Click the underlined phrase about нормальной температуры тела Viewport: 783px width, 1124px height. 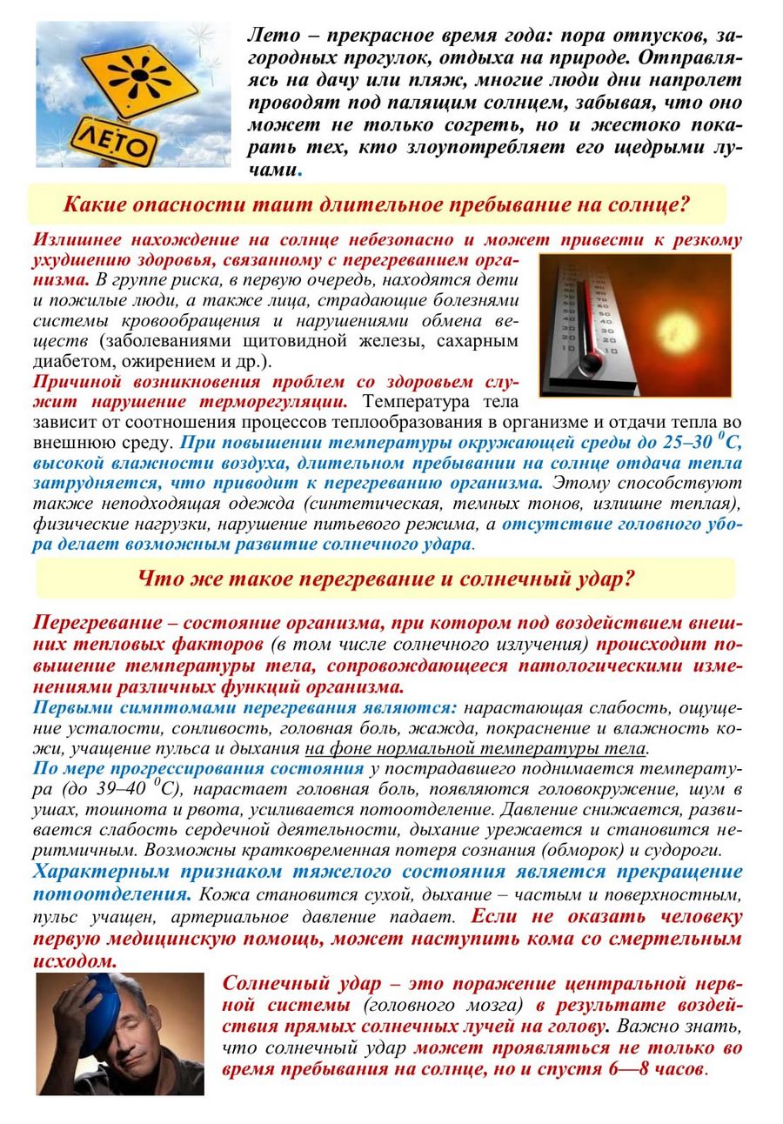(x=476, y=748)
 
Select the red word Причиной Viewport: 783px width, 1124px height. (x=78, y=382)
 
